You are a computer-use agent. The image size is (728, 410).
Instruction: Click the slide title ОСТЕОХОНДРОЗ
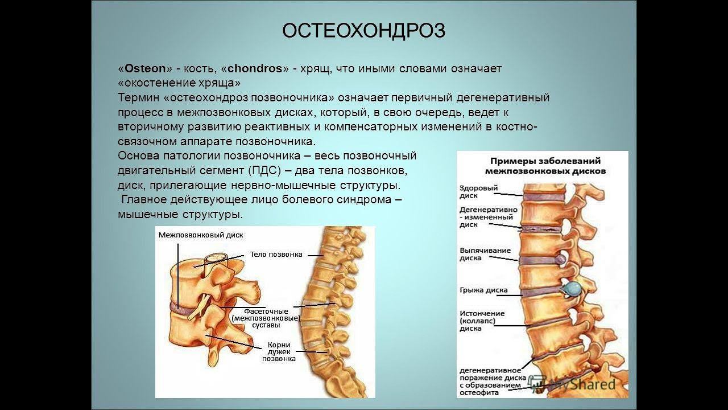click(363, 31)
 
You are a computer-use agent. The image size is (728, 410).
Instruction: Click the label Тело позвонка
click(276, 255)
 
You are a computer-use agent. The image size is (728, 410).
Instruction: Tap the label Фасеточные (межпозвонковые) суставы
click(266, 318)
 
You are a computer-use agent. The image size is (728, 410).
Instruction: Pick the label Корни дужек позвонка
click(279, 351)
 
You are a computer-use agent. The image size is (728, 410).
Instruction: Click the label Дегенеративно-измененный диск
click(488, 217)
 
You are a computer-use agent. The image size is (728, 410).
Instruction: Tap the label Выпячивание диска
click(485, 254)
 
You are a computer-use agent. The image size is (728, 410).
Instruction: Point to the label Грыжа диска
click(483, 289)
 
